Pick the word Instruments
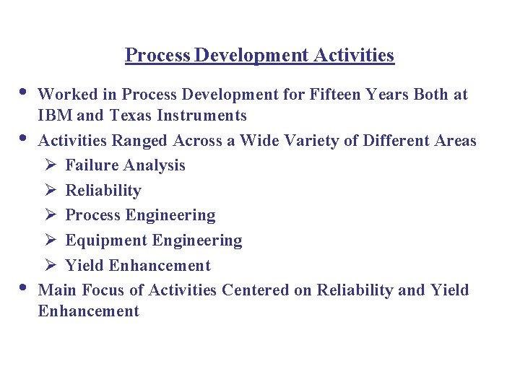[x=201, y=116]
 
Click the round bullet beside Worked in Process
[x=23, y=92]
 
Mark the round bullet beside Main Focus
[x=23, y=287]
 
